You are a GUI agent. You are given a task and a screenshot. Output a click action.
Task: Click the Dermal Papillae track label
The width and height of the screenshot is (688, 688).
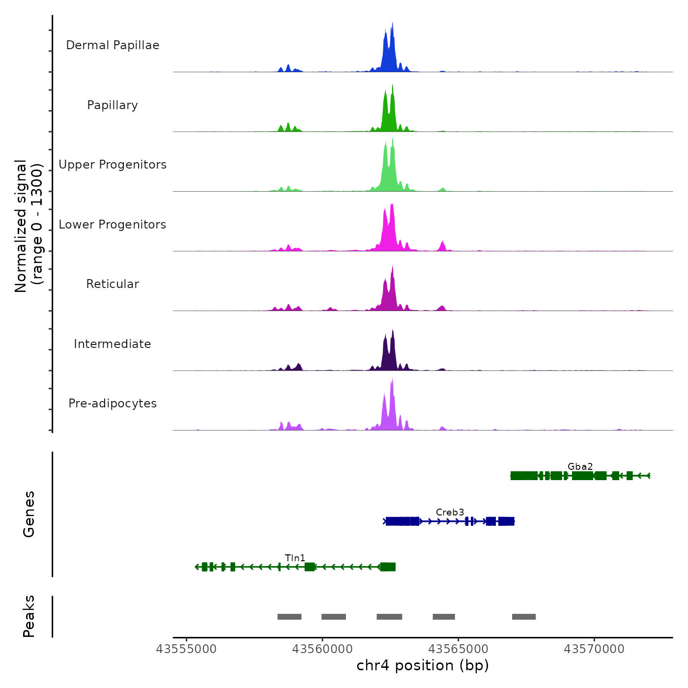(x=113, y=45)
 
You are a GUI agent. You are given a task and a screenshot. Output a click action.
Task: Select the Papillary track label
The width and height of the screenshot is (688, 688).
(x=113, y=105)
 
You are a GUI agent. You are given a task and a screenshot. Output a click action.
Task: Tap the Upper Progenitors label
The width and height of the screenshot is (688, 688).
(x=113, y=165)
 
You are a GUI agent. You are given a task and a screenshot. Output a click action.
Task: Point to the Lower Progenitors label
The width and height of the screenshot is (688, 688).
(x=113, y=225)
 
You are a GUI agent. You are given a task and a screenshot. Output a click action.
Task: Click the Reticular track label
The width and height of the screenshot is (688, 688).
(x=113, y=284)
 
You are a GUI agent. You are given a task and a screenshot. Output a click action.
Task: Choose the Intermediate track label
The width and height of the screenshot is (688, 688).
(x=113, y=344)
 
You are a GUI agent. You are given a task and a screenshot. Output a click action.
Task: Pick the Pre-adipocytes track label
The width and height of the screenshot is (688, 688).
(x=113, y=403)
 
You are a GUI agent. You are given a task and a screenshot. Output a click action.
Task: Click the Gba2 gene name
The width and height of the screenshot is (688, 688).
(x=580, y=466)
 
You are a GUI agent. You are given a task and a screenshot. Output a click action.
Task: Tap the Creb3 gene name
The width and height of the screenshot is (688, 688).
(x=450, y=512)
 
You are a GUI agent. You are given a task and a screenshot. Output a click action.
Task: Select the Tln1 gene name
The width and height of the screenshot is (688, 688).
(x=295, y=558)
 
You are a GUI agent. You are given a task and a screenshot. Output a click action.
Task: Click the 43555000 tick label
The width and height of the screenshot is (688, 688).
(x=186, y=649)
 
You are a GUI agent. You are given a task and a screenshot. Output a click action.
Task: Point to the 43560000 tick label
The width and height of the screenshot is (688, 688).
(x=322, y=649)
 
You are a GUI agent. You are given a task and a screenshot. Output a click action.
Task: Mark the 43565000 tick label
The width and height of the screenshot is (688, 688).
(x=458, y=649)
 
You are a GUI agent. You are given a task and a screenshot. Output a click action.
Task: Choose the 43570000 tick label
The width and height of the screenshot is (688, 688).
(x=594, y=649)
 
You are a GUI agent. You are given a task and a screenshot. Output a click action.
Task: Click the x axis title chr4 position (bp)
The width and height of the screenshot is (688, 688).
(x=423, y=665)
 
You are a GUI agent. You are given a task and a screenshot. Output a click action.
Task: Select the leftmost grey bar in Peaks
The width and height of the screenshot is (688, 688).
(x=289, y=617)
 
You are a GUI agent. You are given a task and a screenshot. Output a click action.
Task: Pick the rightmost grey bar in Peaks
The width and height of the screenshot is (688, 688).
(x=524, y=617)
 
